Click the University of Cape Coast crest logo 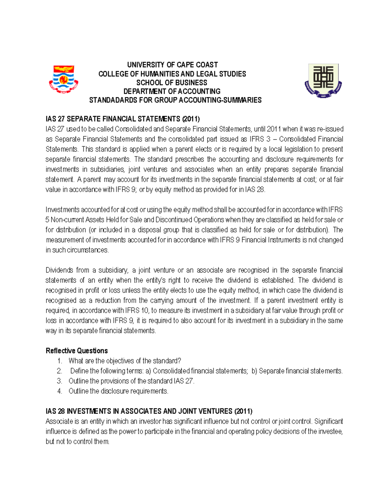(64, 80)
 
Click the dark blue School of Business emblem (323, 80)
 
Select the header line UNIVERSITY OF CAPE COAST (172, 65)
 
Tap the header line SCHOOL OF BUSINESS (171, 83)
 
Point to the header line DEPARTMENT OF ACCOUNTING (172, 92)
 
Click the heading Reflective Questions (77, 351)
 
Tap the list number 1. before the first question (59, 361)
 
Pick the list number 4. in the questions (59, 391)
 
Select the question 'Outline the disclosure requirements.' (118, 391)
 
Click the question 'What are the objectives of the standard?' (125, 361)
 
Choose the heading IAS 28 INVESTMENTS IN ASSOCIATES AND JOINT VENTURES (149, 412)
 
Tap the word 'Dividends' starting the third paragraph (59, 270)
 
